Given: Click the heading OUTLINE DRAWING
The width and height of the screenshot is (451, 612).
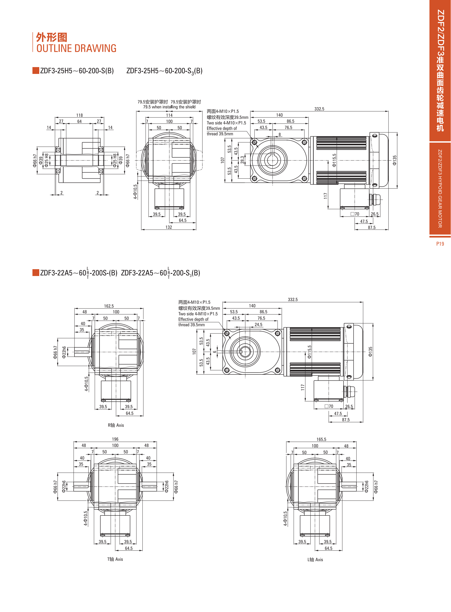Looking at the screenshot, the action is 76,48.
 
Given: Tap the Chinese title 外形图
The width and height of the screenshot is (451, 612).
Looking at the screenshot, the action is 52,37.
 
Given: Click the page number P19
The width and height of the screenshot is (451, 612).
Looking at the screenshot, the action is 440,244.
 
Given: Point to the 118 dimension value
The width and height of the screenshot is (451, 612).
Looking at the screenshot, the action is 79,115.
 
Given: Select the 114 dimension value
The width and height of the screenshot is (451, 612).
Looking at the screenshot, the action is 169,115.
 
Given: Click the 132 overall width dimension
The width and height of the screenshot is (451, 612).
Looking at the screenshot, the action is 169,227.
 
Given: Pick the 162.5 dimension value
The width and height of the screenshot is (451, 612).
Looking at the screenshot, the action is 109,306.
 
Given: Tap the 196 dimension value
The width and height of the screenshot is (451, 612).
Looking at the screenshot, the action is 115,439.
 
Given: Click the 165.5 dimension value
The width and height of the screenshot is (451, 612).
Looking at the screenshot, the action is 321,439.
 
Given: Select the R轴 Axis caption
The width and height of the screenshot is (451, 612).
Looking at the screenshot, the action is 116,425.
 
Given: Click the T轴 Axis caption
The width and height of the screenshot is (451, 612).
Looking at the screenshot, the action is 115,559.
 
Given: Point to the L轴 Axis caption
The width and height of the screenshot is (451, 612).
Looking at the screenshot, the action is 315,560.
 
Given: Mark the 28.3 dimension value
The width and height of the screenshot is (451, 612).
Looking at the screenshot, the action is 242,160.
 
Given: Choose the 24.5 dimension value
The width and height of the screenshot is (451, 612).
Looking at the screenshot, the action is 258,325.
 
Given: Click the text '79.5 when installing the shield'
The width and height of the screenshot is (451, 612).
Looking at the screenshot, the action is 169,107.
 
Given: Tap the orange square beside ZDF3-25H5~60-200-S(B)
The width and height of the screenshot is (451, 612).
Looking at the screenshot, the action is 36,70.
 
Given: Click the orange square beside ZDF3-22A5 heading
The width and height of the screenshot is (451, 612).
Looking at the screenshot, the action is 36,272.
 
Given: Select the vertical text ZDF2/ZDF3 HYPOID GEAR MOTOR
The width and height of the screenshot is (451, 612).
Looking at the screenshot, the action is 440,188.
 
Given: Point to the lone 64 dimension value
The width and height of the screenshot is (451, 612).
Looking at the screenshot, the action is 79,121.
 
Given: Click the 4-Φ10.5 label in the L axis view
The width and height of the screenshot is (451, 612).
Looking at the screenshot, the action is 285,518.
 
